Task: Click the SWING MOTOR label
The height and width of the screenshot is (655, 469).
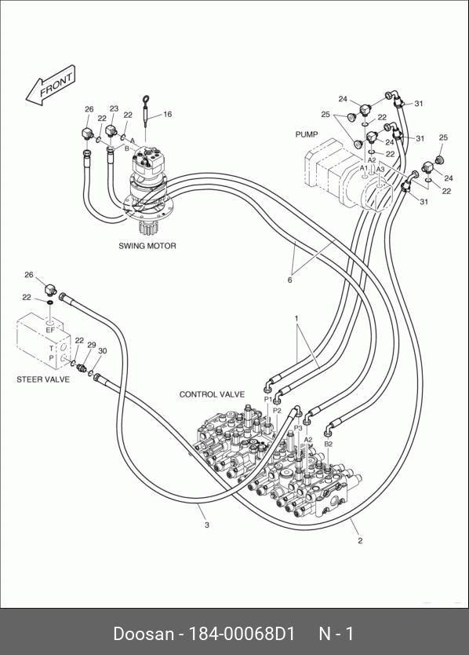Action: [x=147, y=246]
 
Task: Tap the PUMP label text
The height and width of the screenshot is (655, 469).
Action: [x=307, y=134]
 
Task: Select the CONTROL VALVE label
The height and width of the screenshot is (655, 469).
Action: [x=212, y=394]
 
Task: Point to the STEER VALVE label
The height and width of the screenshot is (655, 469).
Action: [x=43, y=379]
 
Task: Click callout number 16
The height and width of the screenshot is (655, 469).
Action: [x=167, y=114]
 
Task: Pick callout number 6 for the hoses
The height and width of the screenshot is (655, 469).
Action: [x=289, y=280]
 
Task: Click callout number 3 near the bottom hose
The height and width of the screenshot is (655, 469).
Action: [x=207, y=525]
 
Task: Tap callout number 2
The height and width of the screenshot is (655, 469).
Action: [x=360, y=540]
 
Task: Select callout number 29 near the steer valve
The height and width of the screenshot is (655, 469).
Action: [x=92, y=345]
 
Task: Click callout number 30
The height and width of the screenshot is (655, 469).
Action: [x=102, y=351]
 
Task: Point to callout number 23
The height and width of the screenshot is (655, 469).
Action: [x=114, y=108]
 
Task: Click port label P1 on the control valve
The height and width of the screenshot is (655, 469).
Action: [x=268, y=400]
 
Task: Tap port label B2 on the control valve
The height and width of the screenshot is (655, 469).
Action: [x=329, y=444]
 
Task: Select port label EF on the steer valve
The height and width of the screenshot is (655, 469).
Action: [x=50, y=330]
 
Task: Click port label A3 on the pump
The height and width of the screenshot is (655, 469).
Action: [x=380, y=169]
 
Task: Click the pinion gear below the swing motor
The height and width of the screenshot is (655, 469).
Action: [x=147, y=229]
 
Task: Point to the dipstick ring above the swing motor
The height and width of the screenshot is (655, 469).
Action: [x=146, y=99]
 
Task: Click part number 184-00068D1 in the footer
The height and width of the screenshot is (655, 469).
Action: [x=242, y=634]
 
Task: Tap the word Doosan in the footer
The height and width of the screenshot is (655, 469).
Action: [x=143, y=634]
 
